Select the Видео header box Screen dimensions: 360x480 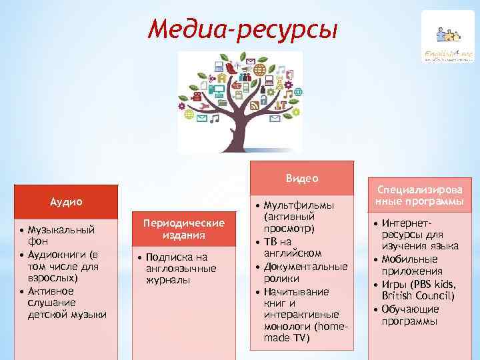(x=302, y=178)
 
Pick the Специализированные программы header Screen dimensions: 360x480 (x=419, y=195)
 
